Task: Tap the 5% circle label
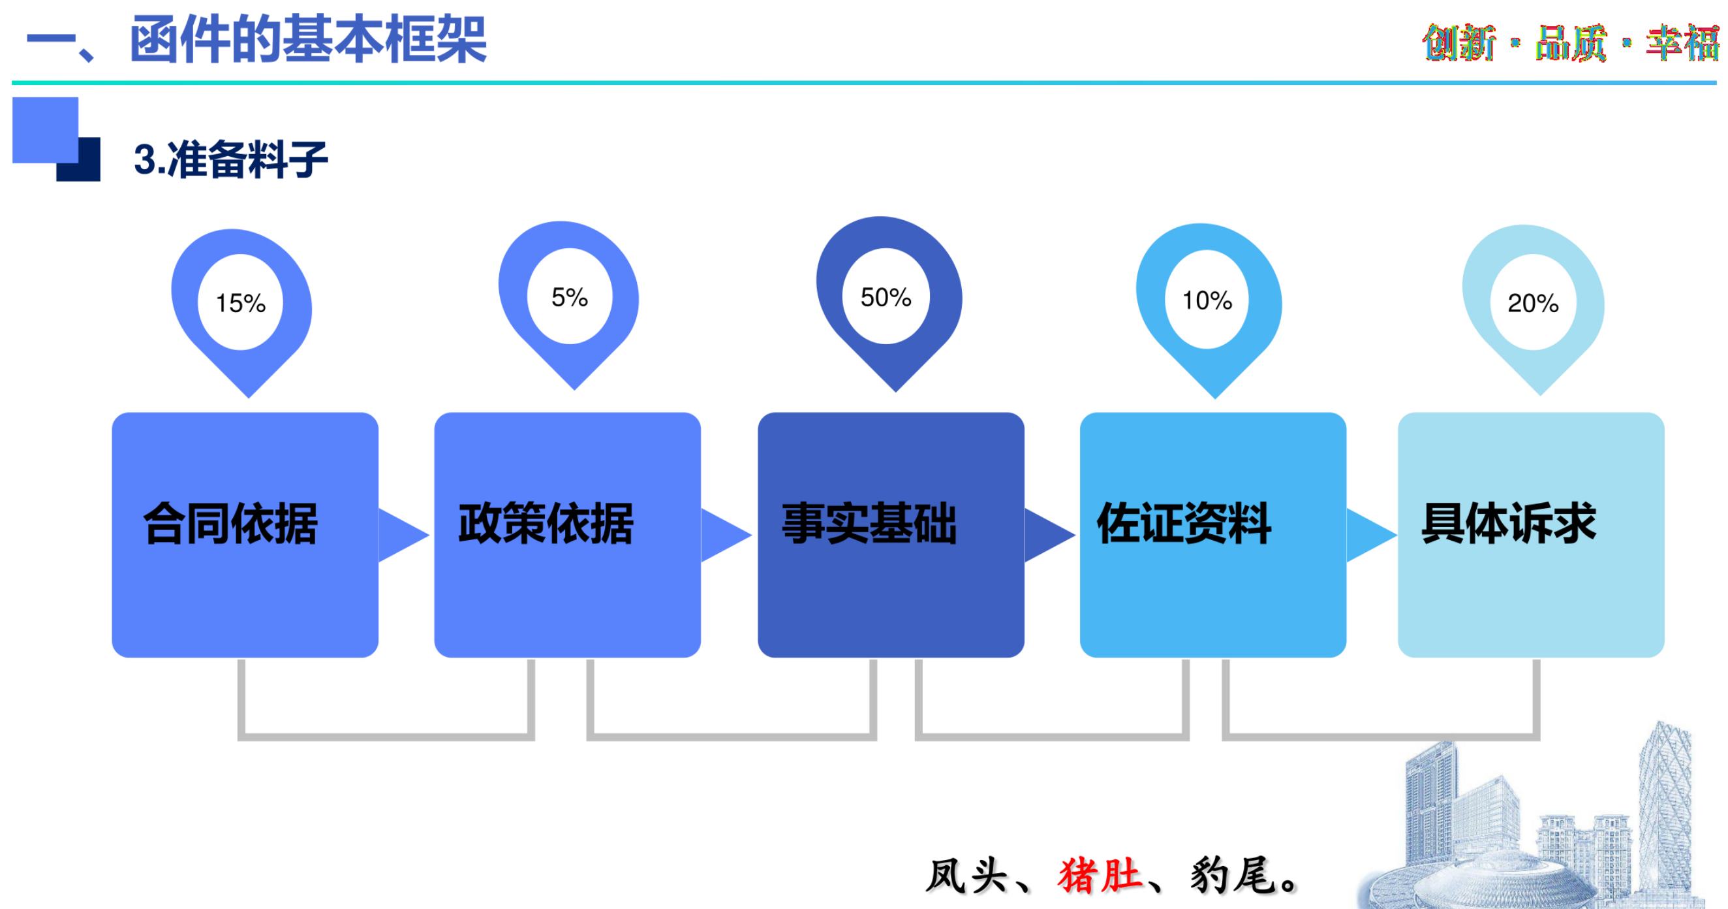[x=570, y=297]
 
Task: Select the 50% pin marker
[x=886, y=297]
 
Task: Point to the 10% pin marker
[x=1207, y=301]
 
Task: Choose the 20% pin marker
[x=1533, y=304]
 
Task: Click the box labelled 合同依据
[x=245, y=534]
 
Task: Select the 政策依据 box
[x=568, y=534]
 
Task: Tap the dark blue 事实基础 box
[x=891, y=534]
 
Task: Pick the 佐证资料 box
[x=1213, y=534]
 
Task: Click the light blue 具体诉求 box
[x=1531, y=534]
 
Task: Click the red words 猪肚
[x=1100, y=876]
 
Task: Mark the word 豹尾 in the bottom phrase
[x=1233, y=876]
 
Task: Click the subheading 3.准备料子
[x=231, y=160]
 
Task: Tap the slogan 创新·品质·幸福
[x=1569, y=43]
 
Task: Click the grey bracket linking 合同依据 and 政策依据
[x=386, y=737]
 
